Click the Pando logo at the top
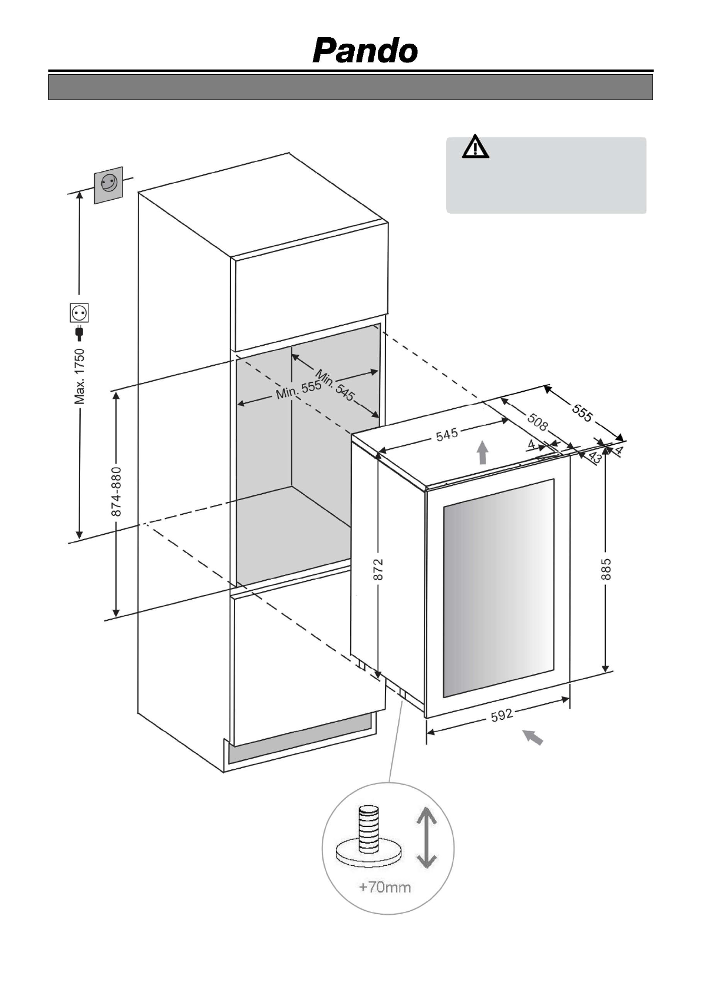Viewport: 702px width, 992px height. pyautogui.click(x=365, y=51)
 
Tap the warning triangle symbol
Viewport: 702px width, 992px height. pyautogui.click(x=475, y=147)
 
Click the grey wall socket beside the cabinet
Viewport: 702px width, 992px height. pyautogui.click(x=109, y=185)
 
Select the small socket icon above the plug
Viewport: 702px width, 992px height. pyautogui.click(x=80, y=312)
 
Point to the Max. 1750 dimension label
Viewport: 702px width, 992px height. pyautogui.click(x=80, y=376)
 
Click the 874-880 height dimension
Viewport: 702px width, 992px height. pyautogui.click(x=117, y=492)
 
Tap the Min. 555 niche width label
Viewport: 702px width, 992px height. pyautogui.click(x=298, y=389)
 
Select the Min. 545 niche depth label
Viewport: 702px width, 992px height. pyautogui.click(x=335, y=385)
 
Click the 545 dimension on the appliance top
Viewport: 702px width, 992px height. pyautogui.click(x=447, y=435)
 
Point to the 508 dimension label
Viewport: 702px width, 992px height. pyautogui.click(x=537, y=421)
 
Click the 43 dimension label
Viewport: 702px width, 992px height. pyautogui.click(x=594, y=458)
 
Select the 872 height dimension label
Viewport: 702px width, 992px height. pyautogui.click(x=378, y=570)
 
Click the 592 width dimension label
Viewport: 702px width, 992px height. pyautogui.click(x=502, y=715)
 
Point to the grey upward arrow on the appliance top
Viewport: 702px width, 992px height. pyautogui.click(x=483, y=453)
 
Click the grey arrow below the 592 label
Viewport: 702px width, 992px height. pyautogui.click(x=533, y=738)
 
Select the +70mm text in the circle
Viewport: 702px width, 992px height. pyautogui.click(x=385, y=887)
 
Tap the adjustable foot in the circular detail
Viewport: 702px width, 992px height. pyautogui.click(x=368, y=836)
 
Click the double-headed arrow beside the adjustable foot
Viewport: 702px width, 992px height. pyautogui.click(x=426, y=838)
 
